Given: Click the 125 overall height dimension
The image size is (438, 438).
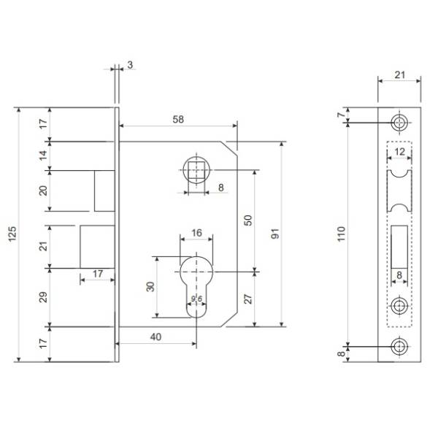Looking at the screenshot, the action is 12,234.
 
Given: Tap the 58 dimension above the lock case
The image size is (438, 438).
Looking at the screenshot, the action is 178,119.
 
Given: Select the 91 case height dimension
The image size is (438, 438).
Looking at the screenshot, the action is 275,234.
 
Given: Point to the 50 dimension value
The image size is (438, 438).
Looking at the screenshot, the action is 248,220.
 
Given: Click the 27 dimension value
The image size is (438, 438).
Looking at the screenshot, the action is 248,299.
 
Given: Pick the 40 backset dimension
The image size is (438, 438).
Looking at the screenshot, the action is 156,337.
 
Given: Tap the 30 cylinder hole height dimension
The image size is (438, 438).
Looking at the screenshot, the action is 150,287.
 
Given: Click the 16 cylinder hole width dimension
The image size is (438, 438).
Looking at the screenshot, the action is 196,233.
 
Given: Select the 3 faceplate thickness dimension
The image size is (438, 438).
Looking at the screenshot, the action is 130,65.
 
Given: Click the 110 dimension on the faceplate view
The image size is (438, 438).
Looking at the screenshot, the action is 342,234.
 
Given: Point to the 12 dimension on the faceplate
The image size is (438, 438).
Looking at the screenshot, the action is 400,152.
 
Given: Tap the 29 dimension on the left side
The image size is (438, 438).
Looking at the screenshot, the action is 43,297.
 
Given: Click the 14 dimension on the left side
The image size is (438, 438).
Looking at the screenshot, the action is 43,155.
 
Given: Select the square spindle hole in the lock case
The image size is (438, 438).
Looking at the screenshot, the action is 196,169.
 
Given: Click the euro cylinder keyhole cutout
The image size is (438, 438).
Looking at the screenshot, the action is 196,287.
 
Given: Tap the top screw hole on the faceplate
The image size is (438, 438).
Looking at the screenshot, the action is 399,123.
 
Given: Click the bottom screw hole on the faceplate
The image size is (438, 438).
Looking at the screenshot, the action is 399,346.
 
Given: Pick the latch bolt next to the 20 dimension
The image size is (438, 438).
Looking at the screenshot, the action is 104,191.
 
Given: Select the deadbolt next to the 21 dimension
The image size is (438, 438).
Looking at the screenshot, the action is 98,247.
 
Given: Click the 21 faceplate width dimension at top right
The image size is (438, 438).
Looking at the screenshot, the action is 400,75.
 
